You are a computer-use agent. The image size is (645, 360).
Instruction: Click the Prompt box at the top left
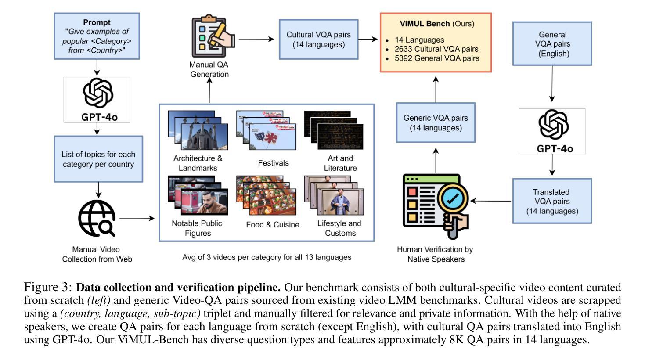pos(97,36)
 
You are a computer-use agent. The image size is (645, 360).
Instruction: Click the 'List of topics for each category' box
pos(98,159)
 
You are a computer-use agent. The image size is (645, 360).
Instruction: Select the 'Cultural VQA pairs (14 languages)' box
pos(319,39)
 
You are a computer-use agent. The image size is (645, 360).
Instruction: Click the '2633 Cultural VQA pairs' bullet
pos(436,49)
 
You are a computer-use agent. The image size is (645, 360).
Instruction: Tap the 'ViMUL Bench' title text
pos(418,24)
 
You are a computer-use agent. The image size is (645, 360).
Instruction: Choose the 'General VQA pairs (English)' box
pos(552,44)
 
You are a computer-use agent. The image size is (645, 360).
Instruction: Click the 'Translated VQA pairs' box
pos(552,201)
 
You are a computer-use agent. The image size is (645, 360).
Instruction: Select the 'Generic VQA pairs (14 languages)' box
pos(436,123)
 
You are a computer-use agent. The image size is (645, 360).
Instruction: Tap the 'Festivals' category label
pos(273,163)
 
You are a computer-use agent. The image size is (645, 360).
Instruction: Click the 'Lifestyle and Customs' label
pos(339,228)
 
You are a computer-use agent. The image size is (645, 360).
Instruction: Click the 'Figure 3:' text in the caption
pos(48,288)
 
